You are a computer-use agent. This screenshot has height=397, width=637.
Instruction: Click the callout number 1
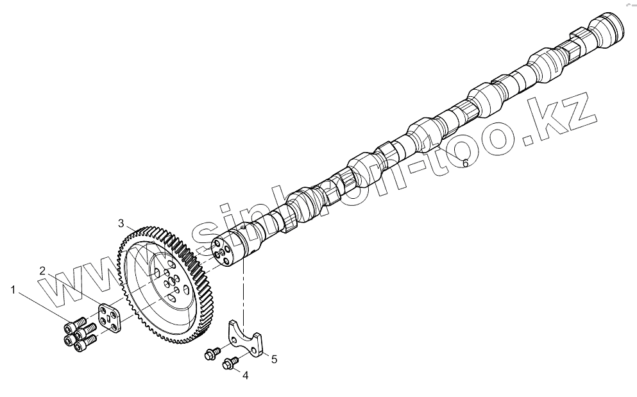tap(13, 290)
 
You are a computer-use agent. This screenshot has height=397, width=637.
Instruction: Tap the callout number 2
tap(42, 270)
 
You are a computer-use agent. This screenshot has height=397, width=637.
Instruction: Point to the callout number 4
tap(245, 376)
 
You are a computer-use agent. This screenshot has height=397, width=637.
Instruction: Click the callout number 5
tap(274, 359)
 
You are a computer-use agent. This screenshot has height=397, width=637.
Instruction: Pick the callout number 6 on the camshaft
tap(466, 163)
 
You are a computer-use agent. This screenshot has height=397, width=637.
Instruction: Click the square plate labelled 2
tap(108, 319)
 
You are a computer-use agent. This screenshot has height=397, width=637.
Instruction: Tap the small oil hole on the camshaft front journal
tap(244, 226)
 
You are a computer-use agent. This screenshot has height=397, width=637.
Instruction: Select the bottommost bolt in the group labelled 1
tap(81, 344)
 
